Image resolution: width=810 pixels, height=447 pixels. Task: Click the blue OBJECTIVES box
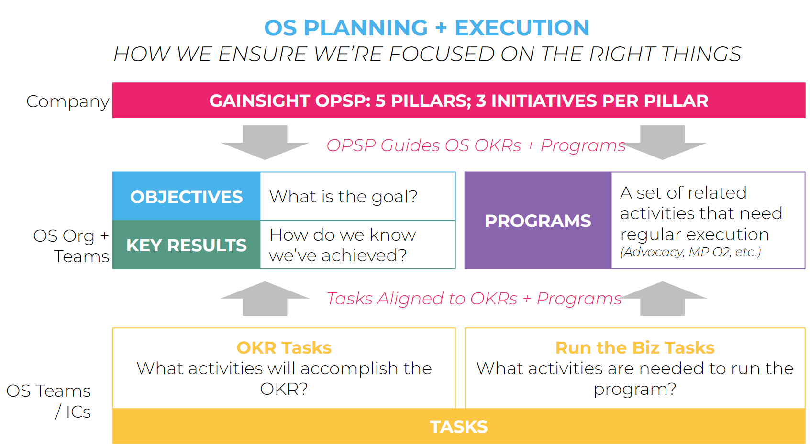(x=186, y=196)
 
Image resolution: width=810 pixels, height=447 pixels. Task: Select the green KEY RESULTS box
(x=186, y=245)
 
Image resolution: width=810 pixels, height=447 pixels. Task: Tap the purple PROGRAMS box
(x=538, y=221)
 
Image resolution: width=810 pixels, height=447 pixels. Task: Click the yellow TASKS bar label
(x=458, y=427)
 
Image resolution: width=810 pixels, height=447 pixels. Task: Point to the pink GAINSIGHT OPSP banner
(x=458, y=100)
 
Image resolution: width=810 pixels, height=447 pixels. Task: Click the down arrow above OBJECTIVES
(x=265, y=143)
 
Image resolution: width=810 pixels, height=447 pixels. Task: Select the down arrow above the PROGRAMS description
(x=663, y=143)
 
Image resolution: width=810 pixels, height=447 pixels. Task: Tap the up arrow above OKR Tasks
(x=265, y=298)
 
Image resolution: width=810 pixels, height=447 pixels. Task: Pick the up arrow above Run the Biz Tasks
(x=663, y=298)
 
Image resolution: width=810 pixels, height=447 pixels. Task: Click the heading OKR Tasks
(x=284, y=348)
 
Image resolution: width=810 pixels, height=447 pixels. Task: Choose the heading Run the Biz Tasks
(x=635, y=348)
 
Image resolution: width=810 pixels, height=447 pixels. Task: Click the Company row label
(x=67, y=101)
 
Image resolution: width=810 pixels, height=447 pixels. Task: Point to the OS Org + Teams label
(x=71, y=246)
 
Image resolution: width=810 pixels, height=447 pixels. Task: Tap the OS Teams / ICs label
(x=48, y=401)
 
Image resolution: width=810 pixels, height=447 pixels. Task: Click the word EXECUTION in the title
(x=522, y=28)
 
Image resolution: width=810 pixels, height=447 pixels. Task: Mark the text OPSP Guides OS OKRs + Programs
(x=476, y=145)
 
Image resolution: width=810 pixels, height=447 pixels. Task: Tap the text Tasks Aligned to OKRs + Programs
(x=474, y=299)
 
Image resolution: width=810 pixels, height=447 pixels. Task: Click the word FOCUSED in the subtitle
(x=442, y=54)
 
